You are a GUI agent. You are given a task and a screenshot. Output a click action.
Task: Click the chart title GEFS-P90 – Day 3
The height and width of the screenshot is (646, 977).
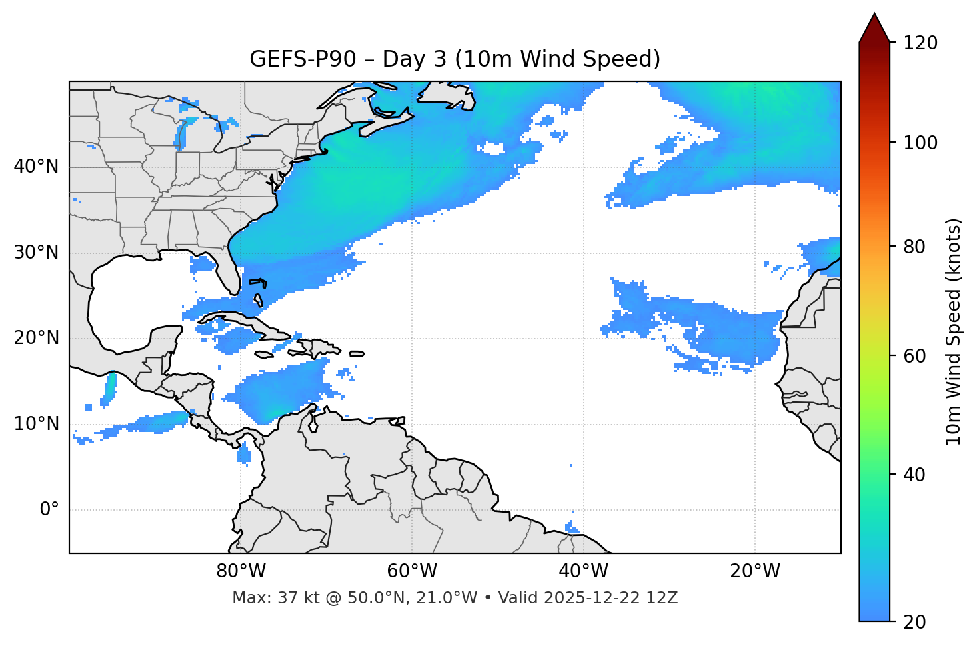pyautogui.click(x=455, y=59)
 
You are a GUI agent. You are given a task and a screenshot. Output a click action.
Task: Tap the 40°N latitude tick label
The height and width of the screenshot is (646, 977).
pyautogui.click(x=36, y=167)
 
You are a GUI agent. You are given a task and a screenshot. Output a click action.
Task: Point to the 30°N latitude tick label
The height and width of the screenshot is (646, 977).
pyautogui.click(x=36, y=253)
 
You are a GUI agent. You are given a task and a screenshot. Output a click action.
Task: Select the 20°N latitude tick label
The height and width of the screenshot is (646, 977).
pyautogui.click(x=36, y=338)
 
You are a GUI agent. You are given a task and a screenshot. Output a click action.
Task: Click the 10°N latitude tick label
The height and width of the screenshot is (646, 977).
pyautogui.click(x=36, y=424)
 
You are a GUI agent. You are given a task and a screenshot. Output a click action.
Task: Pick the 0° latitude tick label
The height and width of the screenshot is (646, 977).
pyautogui.click(x=49, y=510)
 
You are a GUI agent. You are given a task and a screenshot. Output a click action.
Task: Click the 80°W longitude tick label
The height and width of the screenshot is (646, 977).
pyautogui.click(x=241, y=571)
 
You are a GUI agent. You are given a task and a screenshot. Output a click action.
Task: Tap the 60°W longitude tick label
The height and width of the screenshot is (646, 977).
pyautogui.click(x=412, y=571)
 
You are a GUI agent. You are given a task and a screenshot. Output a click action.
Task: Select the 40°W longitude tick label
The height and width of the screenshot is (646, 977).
pyautogui.click(x=583, y=571)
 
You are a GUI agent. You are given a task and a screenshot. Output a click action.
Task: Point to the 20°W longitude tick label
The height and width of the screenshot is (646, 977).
pyautogui.click(x=754, y=571)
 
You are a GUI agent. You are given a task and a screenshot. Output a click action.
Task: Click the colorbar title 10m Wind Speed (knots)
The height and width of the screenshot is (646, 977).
pyautogui.click(x=954, y=331)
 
